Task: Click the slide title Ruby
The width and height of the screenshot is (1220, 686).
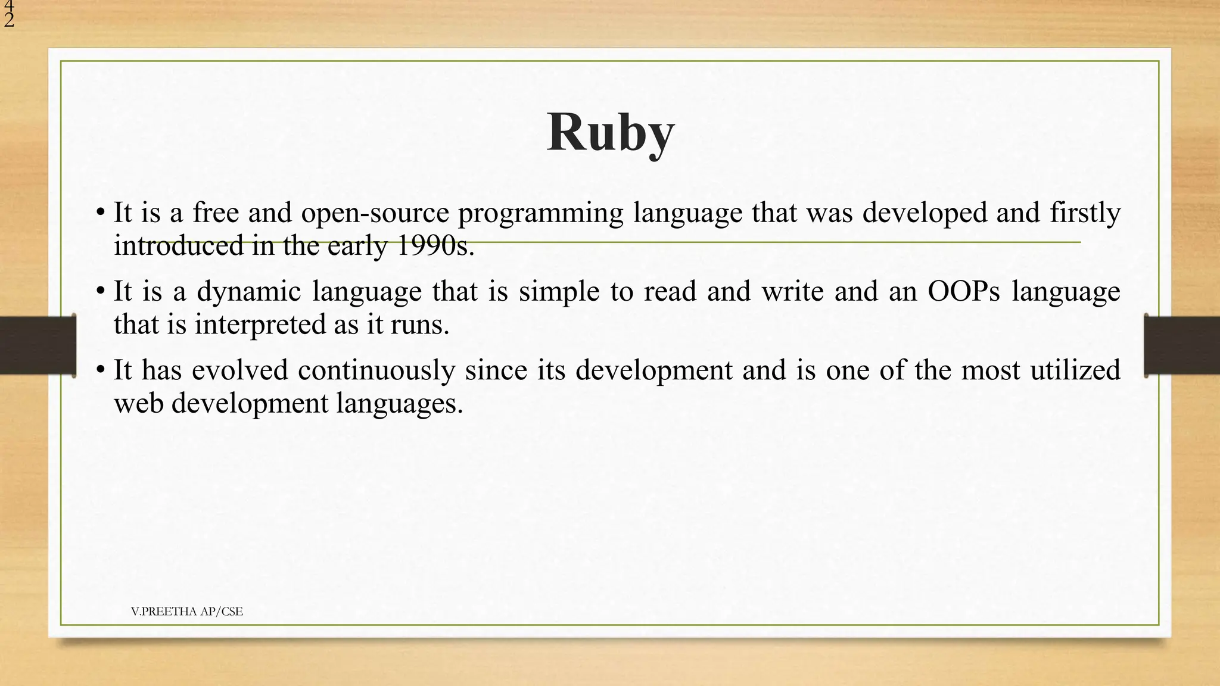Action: [x=610, y=133]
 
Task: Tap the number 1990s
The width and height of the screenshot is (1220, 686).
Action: [x=435, y=246]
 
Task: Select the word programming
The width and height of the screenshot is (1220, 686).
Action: [x=540, y=213]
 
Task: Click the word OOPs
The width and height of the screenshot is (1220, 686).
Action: [x=964, y=292]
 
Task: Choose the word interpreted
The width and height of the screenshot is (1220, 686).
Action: [x=259, y=325]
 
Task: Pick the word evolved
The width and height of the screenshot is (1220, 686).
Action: [x=240, y=370]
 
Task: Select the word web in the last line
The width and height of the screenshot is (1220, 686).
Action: [x=138, y=403]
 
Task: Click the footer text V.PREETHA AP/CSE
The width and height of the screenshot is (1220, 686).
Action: [x=187, y=612]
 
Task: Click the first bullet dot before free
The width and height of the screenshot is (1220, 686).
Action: [x=101, y=213]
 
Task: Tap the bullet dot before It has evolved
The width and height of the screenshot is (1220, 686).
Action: [x=101, y=370]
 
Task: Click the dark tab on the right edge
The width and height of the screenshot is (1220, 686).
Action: [x=1182, y=345]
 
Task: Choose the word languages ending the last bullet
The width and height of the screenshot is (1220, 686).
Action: [x=399, y=403]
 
